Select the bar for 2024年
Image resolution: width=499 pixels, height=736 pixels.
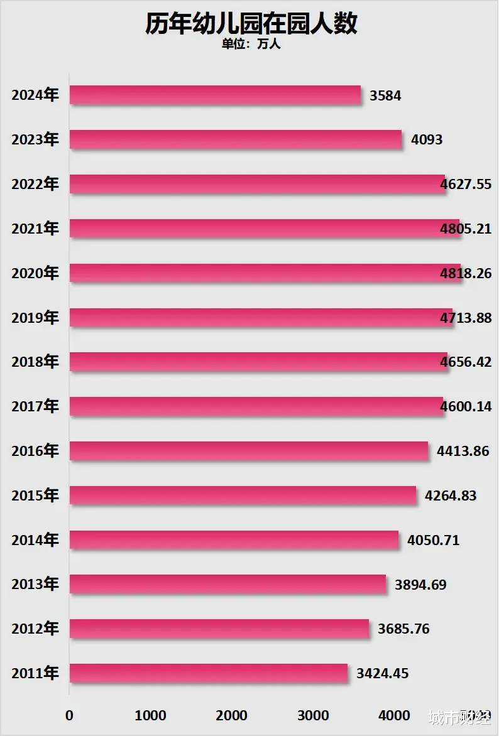(x=215, y=95)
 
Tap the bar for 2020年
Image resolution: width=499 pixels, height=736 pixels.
(x=265, y=273)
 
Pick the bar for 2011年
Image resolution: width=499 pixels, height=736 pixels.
(x=208, y=674)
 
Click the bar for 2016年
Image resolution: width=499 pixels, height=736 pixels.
(x=248, y=451)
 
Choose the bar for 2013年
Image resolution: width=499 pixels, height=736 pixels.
(x=228, y=585)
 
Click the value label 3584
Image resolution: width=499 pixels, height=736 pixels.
(x=385, y=96)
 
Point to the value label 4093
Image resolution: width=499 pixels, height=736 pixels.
(x=427, y=140)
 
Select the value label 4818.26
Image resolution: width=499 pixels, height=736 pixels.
(x=466, y=274)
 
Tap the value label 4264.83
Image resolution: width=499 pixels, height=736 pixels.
(x=451, y=496)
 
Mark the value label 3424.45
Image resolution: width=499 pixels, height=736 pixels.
(x=382, y=674)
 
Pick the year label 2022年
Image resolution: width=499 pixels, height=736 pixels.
(x=35, y=185)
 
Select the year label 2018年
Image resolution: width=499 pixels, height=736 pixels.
(x=35, y=362)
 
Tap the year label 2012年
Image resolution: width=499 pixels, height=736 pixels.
(x=35, y=629)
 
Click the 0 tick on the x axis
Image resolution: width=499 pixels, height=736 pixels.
(x=69, y=716)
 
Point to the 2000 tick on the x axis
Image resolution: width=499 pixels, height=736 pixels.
(x=231, y=716)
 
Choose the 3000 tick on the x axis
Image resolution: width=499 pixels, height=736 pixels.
(x=312, y=716)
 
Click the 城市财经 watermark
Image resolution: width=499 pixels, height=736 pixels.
(x=459, y=717)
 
